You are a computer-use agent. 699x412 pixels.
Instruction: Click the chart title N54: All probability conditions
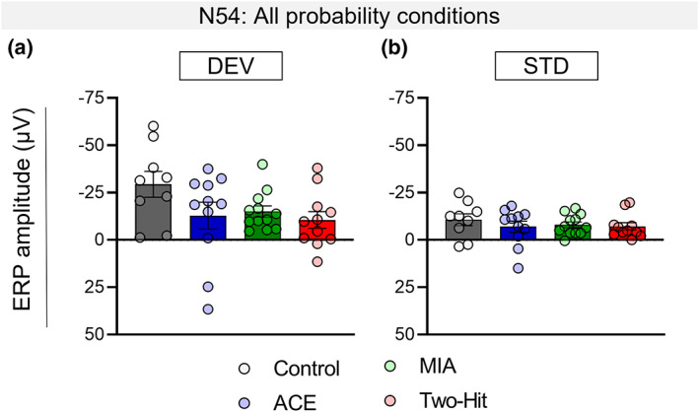coord(349,15)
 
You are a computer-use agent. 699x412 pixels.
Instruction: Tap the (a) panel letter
coord(26,47)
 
